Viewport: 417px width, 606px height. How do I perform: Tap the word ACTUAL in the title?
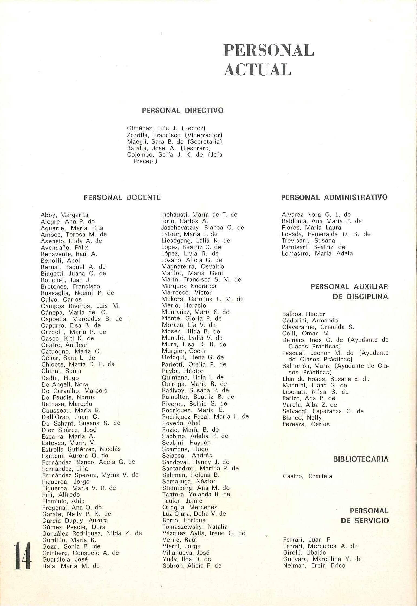coord(258,70)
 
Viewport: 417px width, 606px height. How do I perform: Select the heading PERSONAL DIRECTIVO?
coord(183,110)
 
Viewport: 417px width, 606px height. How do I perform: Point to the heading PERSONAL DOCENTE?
coord(122,197)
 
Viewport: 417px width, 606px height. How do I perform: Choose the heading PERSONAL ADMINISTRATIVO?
coord(334,197)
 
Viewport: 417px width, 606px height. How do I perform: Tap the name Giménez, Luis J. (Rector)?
coord(166,128)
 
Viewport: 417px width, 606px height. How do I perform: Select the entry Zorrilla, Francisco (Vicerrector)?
coord(174,135)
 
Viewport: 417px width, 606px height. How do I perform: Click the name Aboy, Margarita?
coord(64,215)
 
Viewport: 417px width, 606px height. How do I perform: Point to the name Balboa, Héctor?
coord(303,314)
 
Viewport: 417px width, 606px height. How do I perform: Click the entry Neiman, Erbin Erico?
coord(314,565)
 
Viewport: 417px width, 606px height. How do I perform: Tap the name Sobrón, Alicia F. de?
coord(192,565)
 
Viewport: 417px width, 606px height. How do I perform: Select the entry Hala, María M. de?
coord(71,566)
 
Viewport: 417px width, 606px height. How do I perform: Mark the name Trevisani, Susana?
coord(308,241)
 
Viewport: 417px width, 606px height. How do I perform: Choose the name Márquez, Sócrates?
coord(188,286)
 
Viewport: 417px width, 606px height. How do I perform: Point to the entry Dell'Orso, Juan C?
coord(70,417)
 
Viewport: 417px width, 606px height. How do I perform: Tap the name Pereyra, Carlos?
coord(306,424)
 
